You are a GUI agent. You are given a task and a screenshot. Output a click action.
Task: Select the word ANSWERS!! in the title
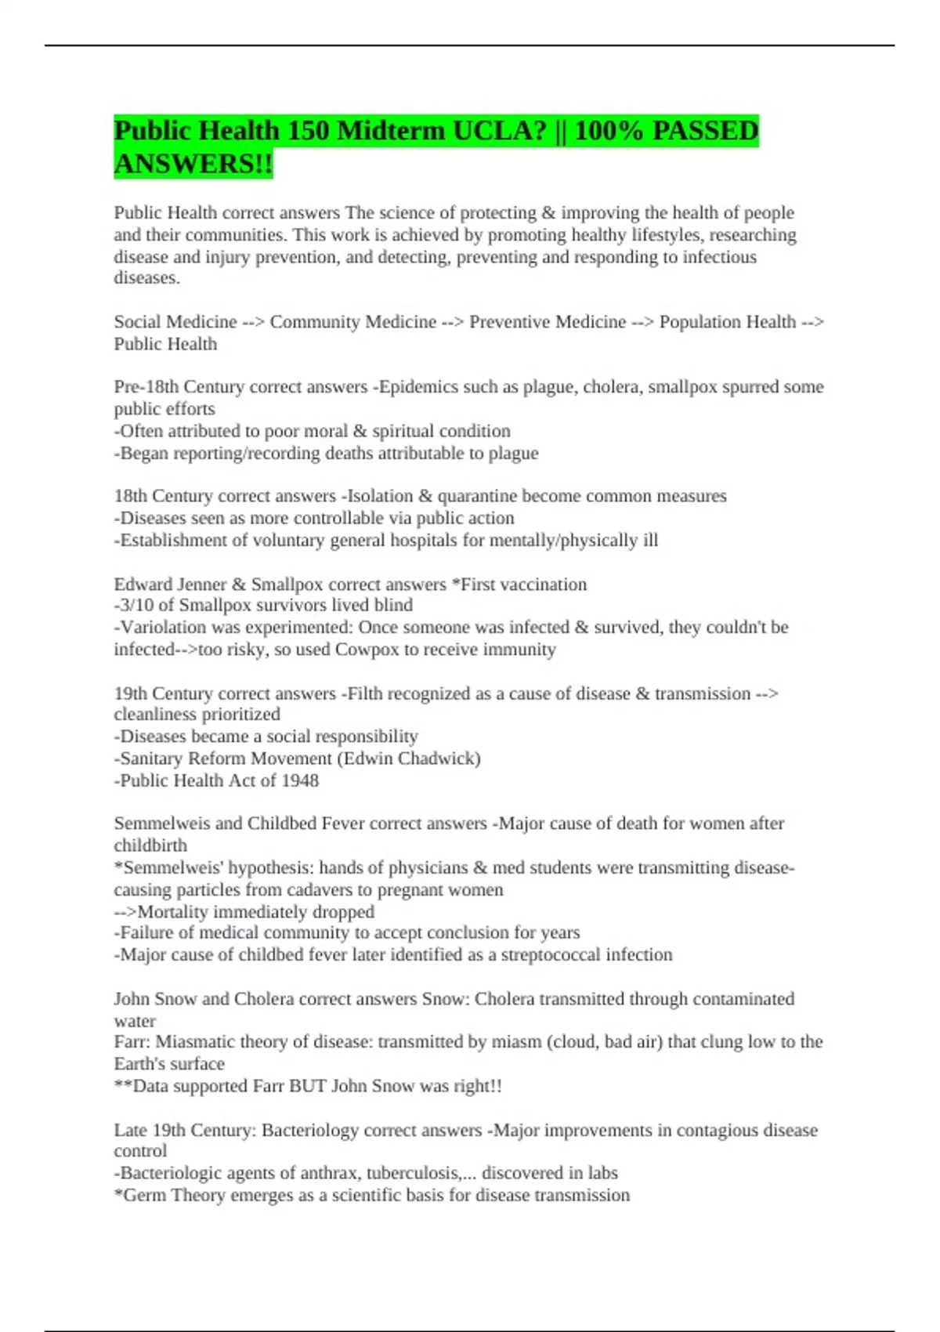coord(193,164)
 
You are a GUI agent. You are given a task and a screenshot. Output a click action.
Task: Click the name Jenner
coord(199,585)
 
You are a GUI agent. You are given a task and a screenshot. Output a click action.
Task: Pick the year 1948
coord(299,780)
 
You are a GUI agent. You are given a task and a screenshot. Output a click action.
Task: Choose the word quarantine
coord(477,496)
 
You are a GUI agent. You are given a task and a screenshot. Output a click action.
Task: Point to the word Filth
coord(364,693)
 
